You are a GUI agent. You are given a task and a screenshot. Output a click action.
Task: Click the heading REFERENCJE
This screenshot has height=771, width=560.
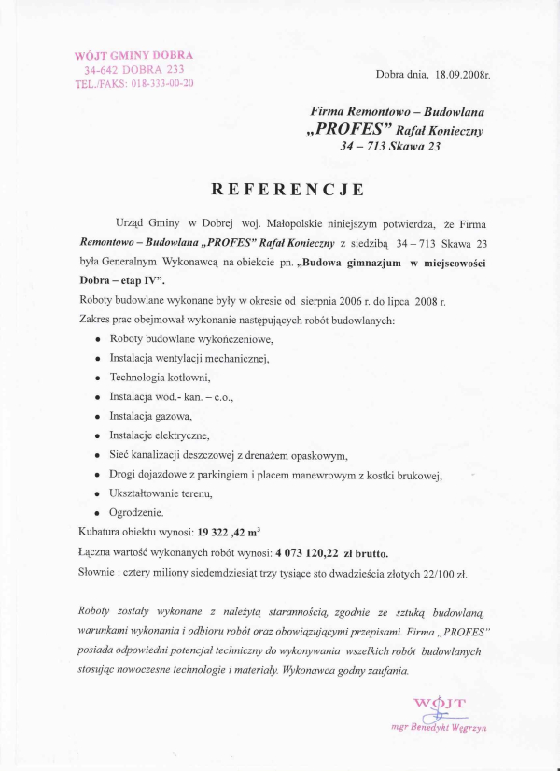[x=287, y=190]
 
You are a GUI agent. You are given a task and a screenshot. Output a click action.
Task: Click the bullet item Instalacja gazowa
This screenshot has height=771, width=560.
[x=144, y=417]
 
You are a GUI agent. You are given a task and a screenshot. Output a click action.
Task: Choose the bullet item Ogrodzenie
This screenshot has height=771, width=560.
[x=136, y=512]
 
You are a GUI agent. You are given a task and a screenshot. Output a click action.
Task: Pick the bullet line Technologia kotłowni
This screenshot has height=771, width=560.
[x=160, y=378]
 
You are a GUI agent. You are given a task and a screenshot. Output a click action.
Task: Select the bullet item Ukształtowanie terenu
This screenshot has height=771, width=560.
[x=161, y=493]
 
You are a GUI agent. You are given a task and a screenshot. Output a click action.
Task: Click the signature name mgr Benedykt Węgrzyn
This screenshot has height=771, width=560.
[x=440, y=726]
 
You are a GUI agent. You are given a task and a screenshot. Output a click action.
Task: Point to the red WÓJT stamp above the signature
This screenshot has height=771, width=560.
[x=439, y=703]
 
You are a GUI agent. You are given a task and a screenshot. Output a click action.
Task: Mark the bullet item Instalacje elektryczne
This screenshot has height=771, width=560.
[x=159, y=435]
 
